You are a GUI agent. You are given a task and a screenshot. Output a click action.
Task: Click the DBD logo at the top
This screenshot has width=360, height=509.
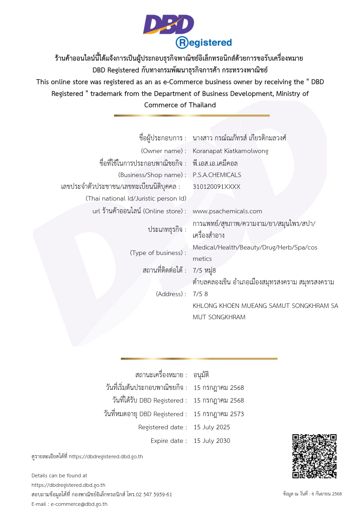tap(168, 24)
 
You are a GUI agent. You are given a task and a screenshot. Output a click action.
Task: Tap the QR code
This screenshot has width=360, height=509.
tap(314, 456)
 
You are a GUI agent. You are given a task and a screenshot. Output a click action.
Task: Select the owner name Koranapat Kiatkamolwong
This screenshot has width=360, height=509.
tap(230, 151)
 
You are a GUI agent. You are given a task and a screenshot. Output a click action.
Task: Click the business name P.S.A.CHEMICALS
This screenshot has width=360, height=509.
tap(217, 175)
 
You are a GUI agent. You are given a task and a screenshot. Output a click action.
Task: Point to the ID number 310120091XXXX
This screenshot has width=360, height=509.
tap(216, 187)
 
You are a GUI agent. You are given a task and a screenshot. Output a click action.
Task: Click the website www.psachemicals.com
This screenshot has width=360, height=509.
tap(227, 211)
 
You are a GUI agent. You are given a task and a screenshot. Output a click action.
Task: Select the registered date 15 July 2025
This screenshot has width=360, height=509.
tap(212, 427)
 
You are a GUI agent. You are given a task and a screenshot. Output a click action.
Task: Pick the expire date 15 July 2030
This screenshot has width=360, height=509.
tap(212, 441)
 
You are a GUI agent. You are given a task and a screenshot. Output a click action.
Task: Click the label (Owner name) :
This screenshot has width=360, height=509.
tap(163, 151)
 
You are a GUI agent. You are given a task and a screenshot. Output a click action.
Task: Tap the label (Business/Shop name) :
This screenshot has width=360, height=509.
tap(152, 175)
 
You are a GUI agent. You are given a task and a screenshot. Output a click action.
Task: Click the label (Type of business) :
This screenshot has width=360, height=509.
tap(158, 253)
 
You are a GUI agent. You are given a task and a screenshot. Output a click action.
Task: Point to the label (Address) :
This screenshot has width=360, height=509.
tap(171, 294)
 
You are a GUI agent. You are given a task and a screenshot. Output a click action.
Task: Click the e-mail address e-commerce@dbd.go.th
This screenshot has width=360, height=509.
tap(79, 504)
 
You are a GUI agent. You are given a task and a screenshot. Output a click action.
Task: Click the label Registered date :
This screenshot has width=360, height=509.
tap(163, 427)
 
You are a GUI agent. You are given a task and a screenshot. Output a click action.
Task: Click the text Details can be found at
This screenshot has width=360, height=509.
tap(59, 475)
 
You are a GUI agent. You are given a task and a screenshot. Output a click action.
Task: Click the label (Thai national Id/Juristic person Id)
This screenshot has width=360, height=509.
tap(136, 198)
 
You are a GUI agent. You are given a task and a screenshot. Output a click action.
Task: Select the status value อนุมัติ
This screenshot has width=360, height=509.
tap(201, 375)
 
